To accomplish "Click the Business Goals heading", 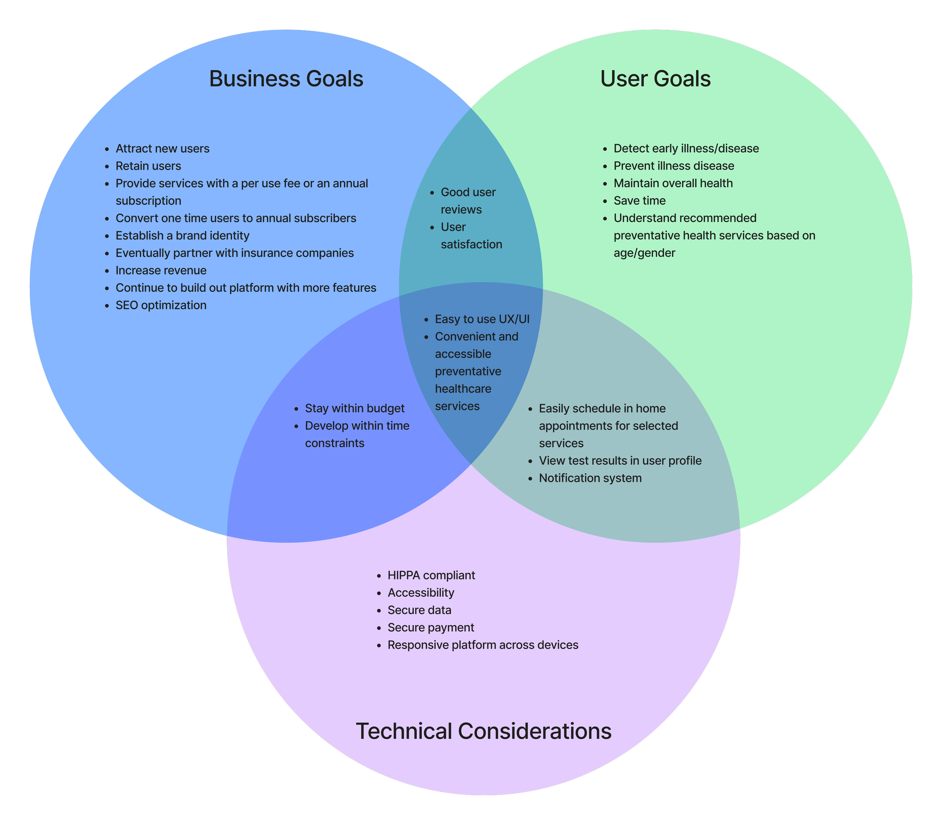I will pos(286,79).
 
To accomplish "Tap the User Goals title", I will pos(655,79).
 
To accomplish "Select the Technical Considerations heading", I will pos(483,731).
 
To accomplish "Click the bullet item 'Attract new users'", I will pos(162,149).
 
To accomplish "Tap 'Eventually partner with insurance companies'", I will pos(234,253).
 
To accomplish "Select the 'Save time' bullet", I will pos(639,201).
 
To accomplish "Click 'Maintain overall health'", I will pos(673,183).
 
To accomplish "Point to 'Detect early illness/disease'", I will pos(686,149).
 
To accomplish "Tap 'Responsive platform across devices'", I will pos(483,645).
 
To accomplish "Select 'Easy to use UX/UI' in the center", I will pos(482,319).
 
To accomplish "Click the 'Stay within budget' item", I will pos(355,408).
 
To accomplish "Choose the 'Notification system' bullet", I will pos(590,478).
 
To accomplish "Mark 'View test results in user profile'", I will pos(620,461).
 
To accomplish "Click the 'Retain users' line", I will pos(148,166).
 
